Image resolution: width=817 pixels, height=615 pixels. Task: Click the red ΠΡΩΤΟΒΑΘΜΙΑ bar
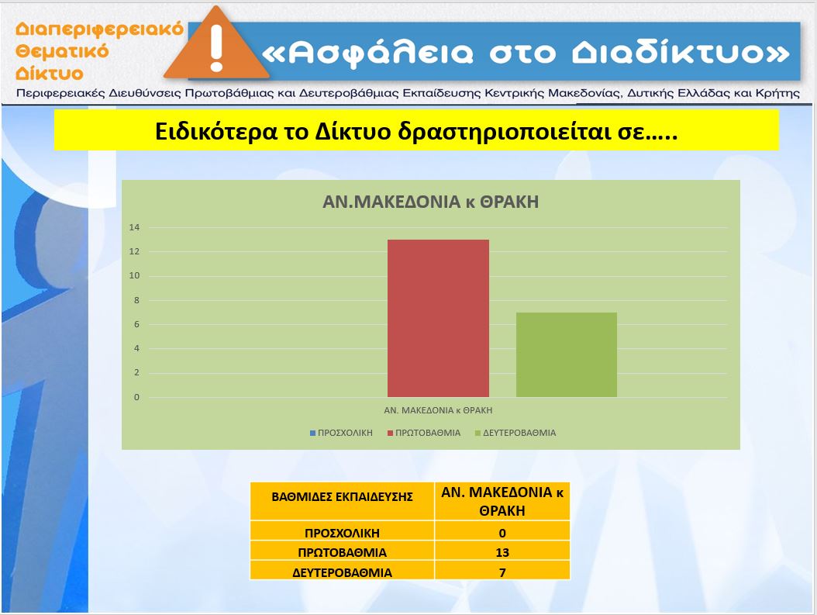438,318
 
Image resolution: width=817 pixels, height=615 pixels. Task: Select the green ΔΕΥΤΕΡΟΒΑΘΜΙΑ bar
567,355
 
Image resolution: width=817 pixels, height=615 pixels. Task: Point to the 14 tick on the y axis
134,227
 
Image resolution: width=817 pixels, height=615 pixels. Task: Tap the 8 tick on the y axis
136,300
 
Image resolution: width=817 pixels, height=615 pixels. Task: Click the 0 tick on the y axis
136,397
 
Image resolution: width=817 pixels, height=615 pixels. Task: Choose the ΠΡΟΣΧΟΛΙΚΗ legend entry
341,433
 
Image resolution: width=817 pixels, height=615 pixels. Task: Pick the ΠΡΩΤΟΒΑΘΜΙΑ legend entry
424,433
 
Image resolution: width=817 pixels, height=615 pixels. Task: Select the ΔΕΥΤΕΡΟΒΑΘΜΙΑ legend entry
515,433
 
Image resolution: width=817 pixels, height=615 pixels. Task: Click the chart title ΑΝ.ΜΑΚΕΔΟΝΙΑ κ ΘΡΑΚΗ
430,202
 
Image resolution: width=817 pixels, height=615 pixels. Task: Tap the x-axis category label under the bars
438,410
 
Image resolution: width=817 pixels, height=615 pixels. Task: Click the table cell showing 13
502,552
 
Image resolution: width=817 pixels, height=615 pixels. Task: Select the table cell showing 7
502,572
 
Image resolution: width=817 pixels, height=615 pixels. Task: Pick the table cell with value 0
502,533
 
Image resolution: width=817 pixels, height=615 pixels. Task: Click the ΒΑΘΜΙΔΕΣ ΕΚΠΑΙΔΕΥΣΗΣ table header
343,496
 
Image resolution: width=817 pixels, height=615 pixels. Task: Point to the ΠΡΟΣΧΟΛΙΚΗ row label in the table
343,533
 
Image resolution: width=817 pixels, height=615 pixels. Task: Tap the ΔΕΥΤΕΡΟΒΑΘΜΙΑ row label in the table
343,573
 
